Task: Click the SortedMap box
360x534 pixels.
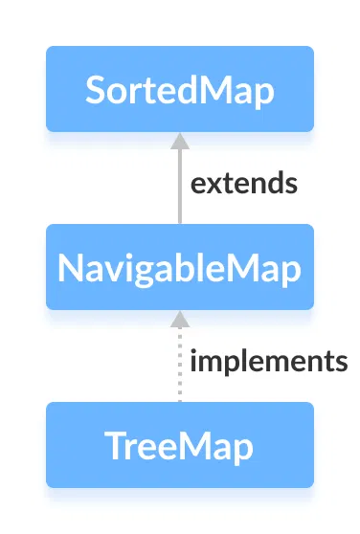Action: [x=180, y=89]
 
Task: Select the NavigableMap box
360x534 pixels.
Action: [x=180, y=267]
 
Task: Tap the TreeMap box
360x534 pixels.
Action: [x=180, y=445]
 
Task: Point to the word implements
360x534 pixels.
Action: [x=268, y=362]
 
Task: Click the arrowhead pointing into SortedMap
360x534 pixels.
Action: [x=179, y=140]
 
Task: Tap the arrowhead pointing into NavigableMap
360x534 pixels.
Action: [x=179, y=318]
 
